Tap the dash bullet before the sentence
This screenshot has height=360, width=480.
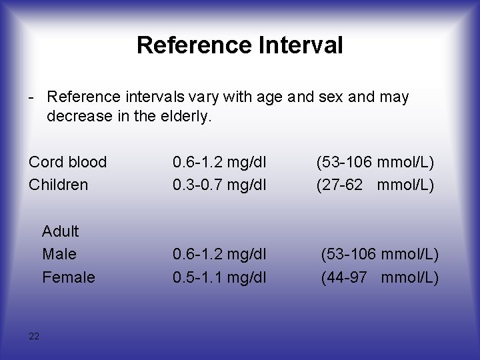[x=31, y=97]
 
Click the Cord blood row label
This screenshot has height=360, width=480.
[x=67, y=162]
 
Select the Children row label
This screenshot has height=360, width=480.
[x=58, y=185]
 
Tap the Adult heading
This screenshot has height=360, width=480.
[x=60, y=231]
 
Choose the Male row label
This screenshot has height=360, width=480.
[x=59, y=254]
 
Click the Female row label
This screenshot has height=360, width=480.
[x=68, y=277]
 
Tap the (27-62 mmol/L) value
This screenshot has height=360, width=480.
[x=375, y=185]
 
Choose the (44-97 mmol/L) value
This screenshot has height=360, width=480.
[x=380, y=277]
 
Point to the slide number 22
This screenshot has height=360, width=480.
[x=34, y=336]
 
